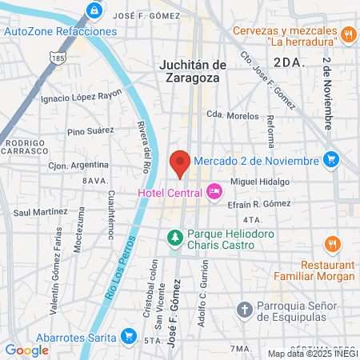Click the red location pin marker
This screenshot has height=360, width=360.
coord(181,162)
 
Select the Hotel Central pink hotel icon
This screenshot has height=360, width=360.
coord(214,191)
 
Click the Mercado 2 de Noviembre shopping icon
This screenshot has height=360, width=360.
coord(330,159)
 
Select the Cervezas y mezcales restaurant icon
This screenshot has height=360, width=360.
coord(347,35)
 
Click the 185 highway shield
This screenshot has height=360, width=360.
coord(56,58)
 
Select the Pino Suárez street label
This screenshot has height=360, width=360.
coord(90,131)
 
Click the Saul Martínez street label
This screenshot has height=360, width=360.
coord(40,211)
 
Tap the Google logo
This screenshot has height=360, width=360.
coord(26,350)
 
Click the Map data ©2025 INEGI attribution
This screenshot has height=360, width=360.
coord(312,354)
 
